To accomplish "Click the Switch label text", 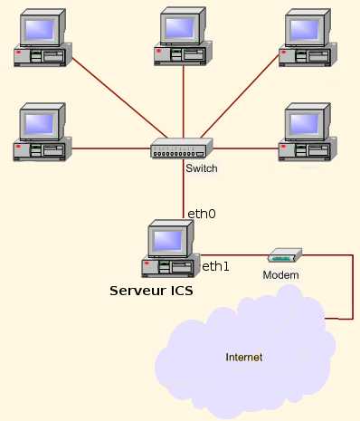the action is click(x=202, y=168).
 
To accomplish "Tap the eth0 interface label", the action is click(x=202, y=214).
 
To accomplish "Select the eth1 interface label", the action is click(x=215, y=266).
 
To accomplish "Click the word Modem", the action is click(x=280, y=275).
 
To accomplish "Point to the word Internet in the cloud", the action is click(x=244, y=357).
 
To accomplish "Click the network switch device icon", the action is click(x=182, y=148).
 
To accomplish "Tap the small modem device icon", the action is click(x=285, y=255).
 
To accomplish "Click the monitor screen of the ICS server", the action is click(x=167, y=240).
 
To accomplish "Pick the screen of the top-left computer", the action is click(x=39, y=30).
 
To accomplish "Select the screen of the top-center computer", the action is click(x=179, y=28).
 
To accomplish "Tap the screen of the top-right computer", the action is click(x=304, y=30).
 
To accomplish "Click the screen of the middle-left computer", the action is click(x=39, y=124).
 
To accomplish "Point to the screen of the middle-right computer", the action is click(x=304, y=124).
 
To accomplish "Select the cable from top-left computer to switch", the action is click(x=119, y=98).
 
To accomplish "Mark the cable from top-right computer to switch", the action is click(x=240, y=96).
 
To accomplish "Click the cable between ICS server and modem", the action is click(x=234, y=255).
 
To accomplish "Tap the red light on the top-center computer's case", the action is click(x=159, y=51).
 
